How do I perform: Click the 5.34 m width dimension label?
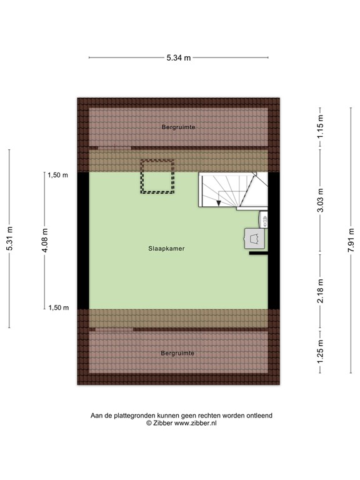[x=178, y=58]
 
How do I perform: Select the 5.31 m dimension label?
[x=9, y=238]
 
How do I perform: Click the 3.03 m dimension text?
[x=320, y=201]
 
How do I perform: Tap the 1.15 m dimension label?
[x=320, y=127]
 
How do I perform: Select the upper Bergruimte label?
[x=178, y=127]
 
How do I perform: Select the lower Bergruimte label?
[x=177, y=353]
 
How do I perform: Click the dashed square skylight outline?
[x=156, y=176]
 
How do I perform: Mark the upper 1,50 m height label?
[x=57, y=176]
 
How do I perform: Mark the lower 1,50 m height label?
[x=57, y=307]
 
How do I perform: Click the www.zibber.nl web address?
[x=196, y=423]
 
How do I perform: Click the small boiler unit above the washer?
[x=263, y=219]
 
